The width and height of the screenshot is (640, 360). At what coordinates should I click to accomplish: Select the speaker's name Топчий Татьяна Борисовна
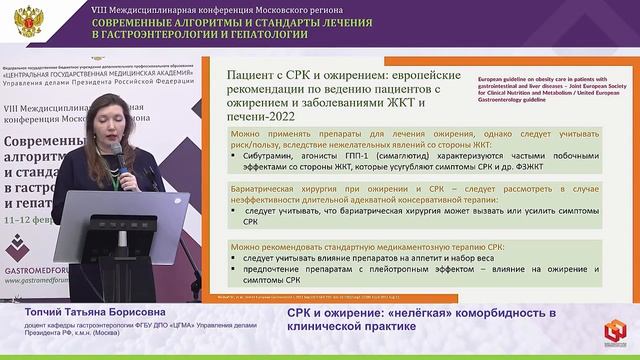pos(80,312)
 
